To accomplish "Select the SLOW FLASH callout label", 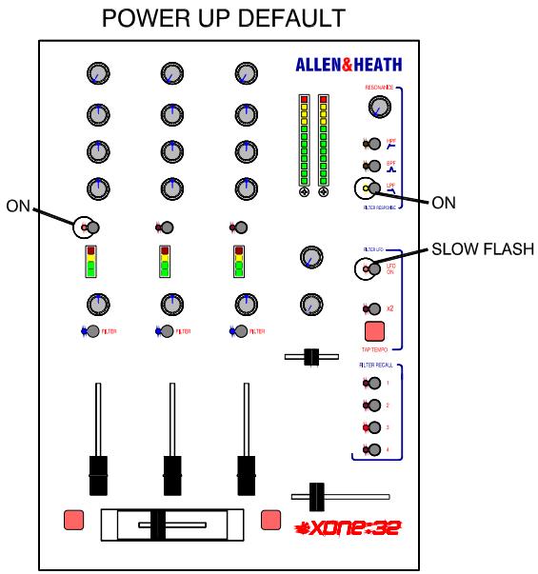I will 485,248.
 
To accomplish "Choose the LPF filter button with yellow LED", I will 366,187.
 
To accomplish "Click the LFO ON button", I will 366,268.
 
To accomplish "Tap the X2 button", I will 373,308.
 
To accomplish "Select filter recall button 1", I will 373,384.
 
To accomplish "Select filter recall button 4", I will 373,448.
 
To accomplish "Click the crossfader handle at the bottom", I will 158,525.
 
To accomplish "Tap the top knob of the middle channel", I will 172,72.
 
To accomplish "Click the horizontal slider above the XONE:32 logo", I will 318,496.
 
